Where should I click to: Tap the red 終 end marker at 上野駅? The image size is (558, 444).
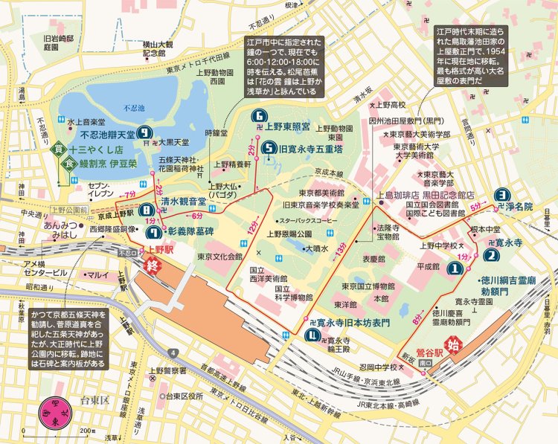click(154, 266)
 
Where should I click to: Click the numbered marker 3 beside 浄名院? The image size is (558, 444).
click(503, 191)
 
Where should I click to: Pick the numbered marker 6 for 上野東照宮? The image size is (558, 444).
click(259, 115)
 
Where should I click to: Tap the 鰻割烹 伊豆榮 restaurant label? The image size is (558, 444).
click(112, 163)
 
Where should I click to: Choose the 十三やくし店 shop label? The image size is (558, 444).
click(107, 149)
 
